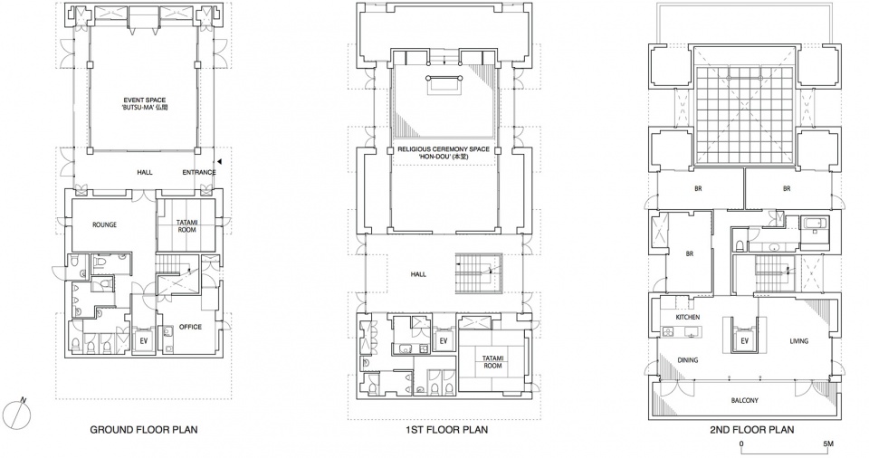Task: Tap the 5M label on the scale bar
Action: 827,444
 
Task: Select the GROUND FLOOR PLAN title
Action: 144,430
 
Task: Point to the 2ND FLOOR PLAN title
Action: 751,430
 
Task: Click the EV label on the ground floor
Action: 144,340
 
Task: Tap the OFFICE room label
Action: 190,327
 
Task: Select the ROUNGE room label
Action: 105,225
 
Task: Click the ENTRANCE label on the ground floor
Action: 199,173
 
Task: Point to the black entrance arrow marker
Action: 220,161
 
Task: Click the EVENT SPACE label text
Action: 145,100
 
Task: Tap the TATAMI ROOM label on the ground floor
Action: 186,226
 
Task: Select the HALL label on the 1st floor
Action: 418,274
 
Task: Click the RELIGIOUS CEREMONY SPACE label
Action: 444,149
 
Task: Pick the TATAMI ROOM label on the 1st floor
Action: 492,362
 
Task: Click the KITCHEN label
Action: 688,317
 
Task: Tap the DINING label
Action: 688,360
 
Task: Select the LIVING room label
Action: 798,341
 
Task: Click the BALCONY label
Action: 744,400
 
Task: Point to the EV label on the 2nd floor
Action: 744,341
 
